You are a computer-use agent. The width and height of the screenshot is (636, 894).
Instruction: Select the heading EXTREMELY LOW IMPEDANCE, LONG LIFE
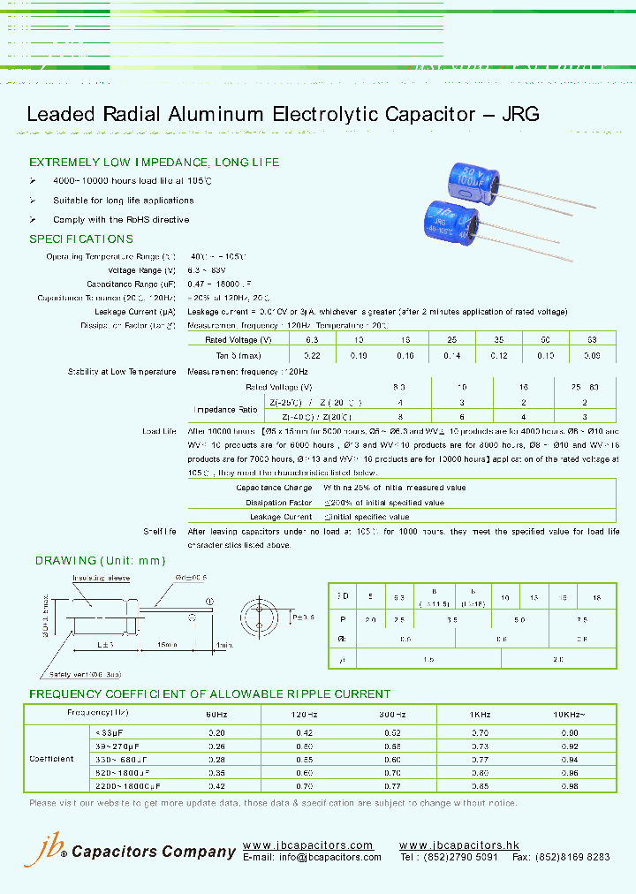[x=154, y=163]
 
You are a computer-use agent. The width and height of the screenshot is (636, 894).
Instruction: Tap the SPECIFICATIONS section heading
[x=81, y=239]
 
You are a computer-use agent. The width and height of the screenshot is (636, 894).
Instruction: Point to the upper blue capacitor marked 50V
[x=468, y=190]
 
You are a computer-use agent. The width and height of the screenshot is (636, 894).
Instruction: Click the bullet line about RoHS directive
[x=121, y=220]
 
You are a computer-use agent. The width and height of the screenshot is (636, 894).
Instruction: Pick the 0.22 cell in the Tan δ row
[x=312, y=355]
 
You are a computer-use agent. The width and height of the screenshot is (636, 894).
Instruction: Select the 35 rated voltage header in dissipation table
[x=498, y=340]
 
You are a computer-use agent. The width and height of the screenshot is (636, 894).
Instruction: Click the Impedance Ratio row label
[x=227, y=409]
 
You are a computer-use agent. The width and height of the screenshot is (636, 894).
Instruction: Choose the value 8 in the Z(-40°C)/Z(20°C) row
[x=399, y=417]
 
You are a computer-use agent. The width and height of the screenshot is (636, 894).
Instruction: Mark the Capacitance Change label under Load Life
[x=274, y=488]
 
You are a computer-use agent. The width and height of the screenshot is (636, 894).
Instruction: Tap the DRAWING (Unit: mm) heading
[x=100, y=561]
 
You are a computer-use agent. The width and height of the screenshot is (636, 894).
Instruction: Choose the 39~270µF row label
[x=112, y=746]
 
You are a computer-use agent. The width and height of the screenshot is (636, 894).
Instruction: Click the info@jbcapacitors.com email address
[x=328, y=858]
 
